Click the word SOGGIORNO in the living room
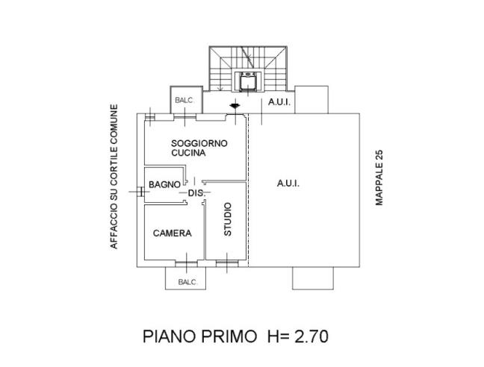coord(199,142)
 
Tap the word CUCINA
coord(188,152)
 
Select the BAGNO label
coord(164,184)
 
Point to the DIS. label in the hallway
coord(196,194)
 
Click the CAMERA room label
coord(172,233)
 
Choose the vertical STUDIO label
coord(229,219)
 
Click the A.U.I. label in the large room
coord(288,183)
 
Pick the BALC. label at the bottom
coord(187,282)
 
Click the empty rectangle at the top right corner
coord(311,99)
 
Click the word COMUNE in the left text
coord(114,120)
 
